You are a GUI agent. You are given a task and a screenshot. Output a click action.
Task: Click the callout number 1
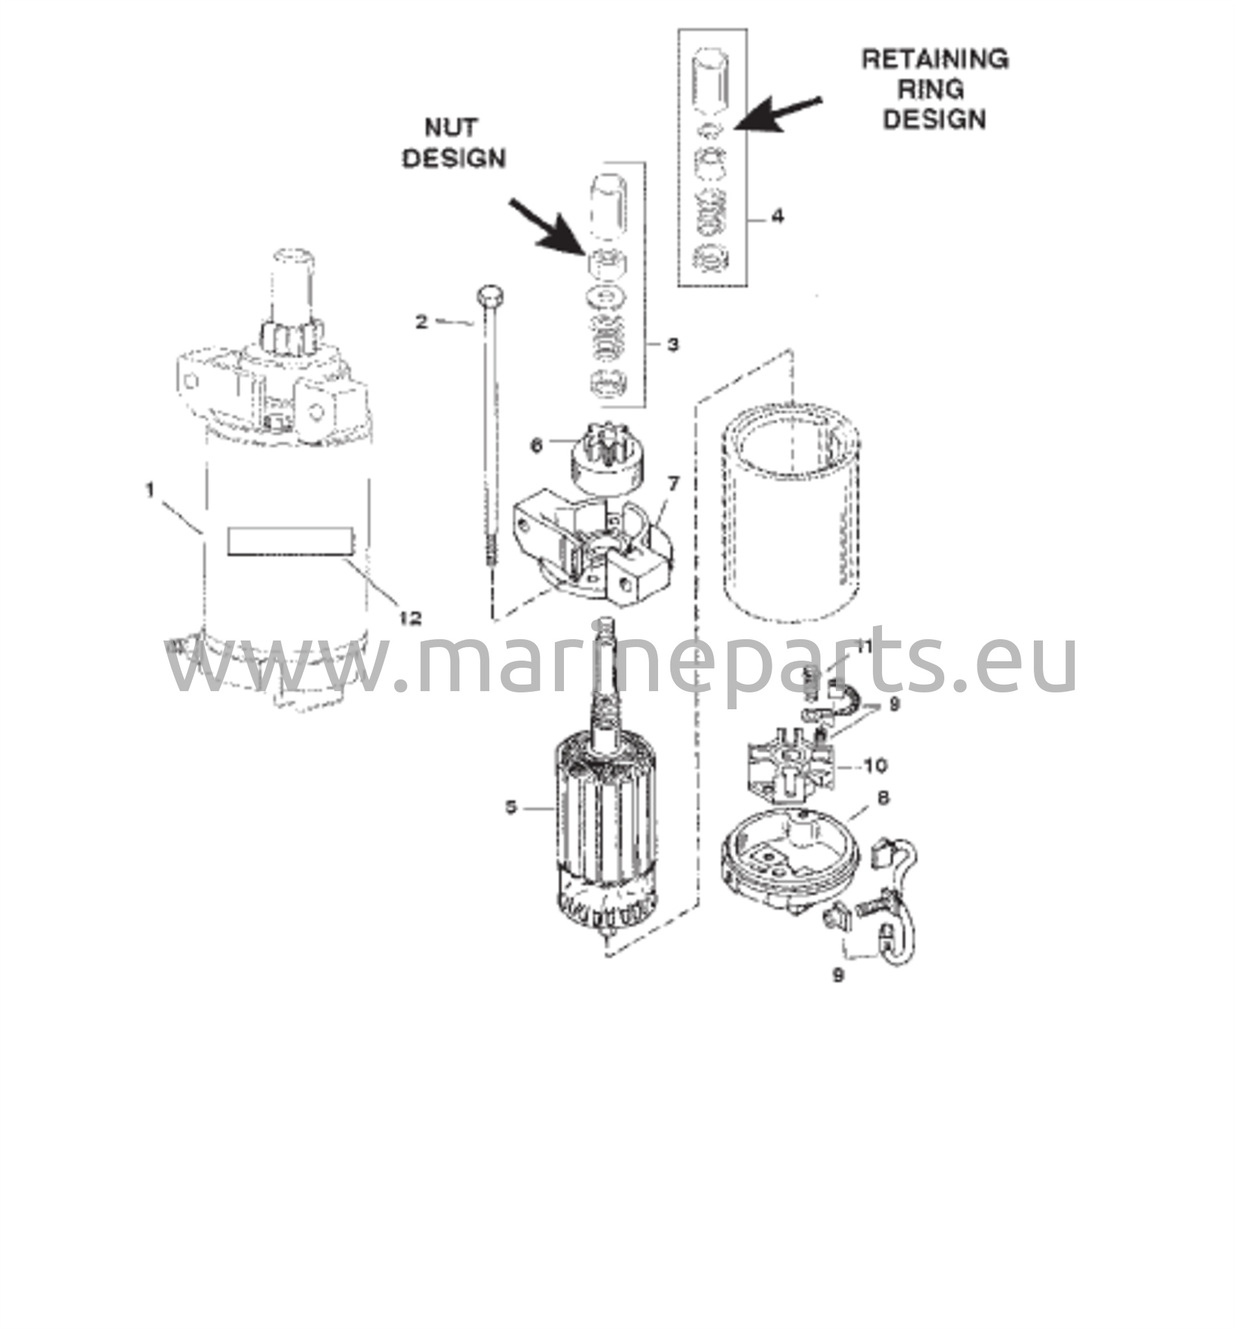point(151,491)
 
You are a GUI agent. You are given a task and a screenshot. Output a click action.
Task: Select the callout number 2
point(422,322)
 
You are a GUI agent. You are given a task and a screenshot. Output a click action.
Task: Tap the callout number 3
point(673,345)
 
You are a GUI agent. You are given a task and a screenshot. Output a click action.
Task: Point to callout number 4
point(777,217)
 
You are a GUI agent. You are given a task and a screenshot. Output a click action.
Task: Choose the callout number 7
point(673,483)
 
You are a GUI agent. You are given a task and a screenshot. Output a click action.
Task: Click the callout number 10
point(875,765)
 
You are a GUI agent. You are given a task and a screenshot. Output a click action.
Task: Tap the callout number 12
point(410,618)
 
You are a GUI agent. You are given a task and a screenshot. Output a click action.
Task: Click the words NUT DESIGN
point(454,143)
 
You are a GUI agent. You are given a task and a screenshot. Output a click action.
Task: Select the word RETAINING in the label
point(935,59)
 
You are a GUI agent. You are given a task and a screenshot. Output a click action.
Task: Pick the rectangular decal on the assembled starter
point(291,541)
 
